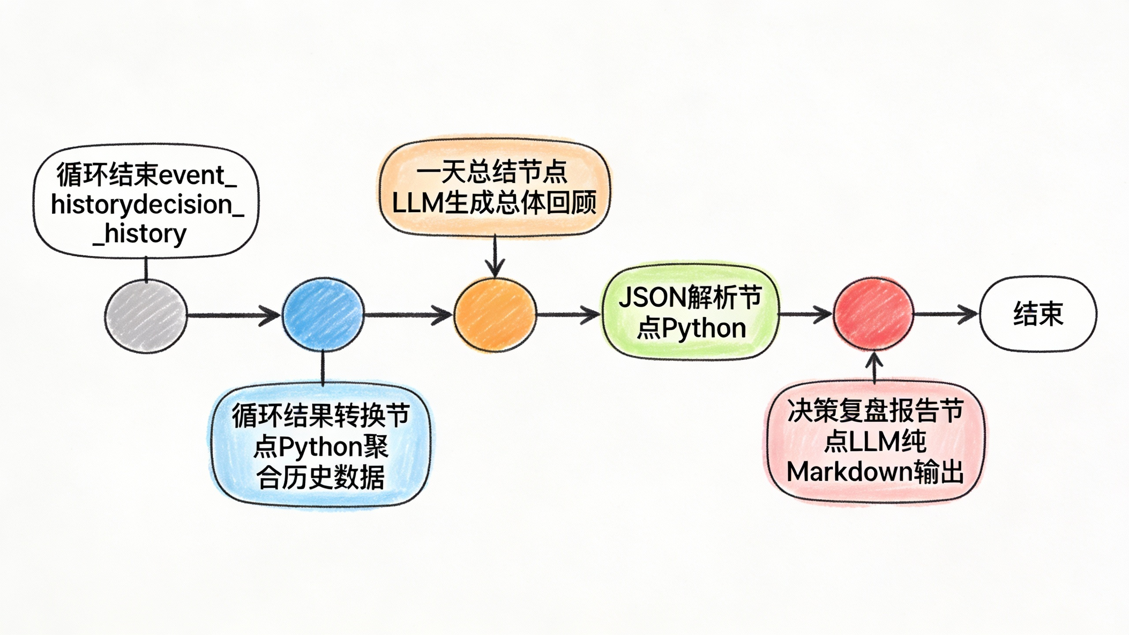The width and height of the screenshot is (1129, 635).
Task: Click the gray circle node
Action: [146, 315]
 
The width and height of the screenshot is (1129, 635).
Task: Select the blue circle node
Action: [323, 314]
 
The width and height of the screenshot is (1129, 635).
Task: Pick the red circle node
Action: [873, 314]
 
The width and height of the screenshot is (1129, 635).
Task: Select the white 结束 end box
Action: [1038, 314]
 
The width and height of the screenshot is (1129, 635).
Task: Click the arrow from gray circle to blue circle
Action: [234, 315]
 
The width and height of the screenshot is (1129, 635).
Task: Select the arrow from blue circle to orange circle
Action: [408, 315]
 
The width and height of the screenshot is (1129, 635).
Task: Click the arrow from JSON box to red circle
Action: [805, 314]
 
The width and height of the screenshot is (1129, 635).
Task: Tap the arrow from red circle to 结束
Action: [946, 314]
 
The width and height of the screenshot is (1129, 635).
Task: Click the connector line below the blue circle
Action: [323, 369]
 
